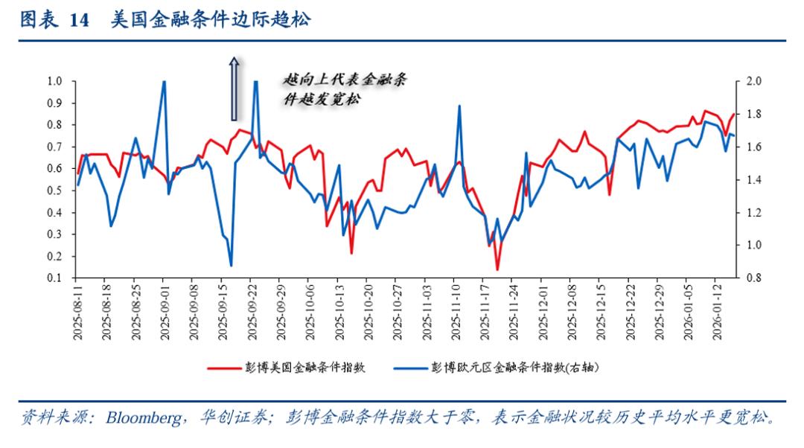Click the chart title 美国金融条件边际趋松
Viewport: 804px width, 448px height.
(x=211, y=20)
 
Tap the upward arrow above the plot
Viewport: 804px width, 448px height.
(x=234, y=89)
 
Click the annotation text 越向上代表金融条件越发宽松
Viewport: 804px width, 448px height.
(x=344, y=89)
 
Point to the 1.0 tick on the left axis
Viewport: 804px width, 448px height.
(x=54, y=81)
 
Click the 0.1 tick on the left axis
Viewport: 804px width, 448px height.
(x=54, y=278)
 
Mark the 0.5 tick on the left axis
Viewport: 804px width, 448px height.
(x=54, y=191)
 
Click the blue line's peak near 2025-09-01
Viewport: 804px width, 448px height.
(x=164, y=82)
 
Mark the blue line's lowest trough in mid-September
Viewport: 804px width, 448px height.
(x=231, y=265)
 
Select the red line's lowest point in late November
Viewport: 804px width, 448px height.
(x=497, y=269)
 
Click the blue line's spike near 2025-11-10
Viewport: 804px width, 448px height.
(x=459, y=106)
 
